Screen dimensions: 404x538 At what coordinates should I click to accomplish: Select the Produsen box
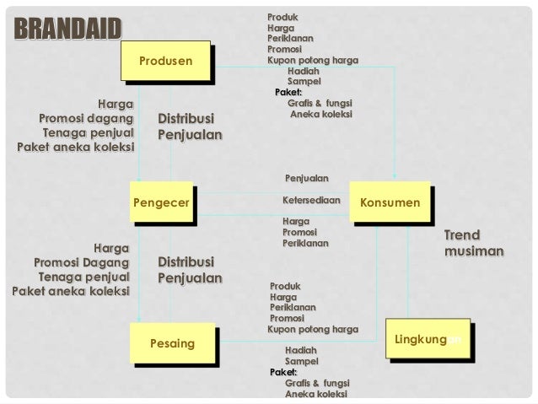pos(166,61)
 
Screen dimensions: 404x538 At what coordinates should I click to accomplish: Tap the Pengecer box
pos(160,203)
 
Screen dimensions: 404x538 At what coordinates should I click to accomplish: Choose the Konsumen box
pos(390,203)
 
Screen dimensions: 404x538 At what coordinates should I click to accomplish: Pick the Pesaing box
pos(172,344)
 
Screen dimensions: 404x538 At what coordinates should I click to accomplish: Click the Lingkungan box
pos(427,339)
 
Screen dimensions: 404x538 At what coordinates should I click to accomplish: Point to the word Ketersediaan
pos(311,202)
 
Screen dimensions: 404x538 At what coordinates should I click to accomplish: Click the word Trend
pos(461,235)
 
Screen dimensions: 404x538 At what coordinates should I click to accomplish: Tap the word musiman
pos(474,251)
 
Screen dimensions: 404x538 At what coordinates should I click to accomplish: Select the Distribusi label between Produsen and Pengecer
pos(186,118)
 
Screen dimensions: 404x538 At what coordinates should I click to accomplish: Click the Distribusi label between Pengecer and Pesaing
pos(186,261)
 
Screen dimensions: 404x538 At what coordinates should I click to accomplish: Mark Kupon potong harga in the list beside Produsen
pos(312,61)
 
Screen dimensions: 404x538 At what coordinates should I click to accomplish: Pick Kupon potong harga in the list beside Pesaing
pos(312,330)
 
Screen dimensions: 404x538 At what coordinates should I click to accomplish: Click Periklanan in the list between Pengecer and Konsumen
pos(305,243)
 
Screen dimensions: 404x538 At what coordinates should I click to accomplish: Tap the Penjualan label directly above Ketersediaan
pos(307,178)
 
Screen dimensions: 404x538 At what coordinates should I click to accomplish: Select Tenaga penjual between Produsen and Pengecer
pos(88,134)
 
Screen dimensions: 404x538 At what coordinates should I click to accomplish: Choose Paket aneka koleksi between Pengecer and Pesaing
pos(70,292)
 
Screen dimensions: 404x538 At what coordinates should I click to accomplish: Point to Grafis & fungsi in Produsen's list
pos(320,102)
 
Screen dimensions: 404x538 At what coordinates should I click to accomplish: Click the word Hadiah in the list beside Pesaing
pos(301,349)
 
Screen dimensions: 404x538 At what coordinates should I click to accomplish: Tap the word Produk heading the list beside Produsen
pos(282,17)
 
